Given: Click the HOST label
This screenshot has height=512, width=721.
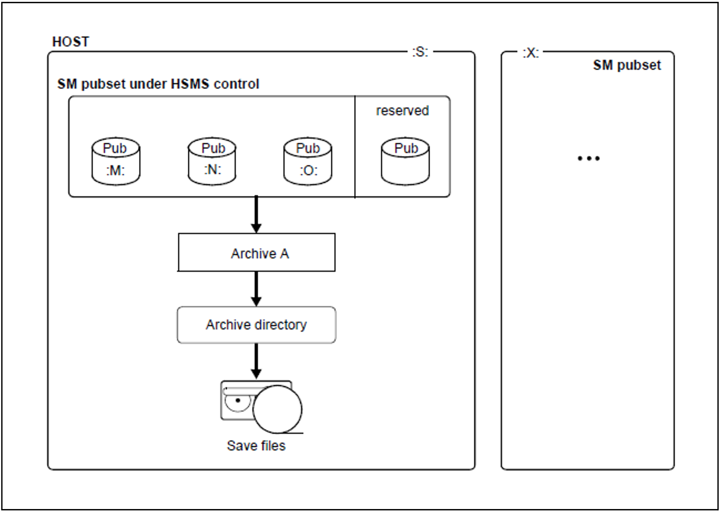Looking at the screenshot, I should tap(71, 42).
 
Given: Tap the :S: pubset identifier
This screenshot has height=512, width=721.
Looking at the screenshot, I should tap(420, 52).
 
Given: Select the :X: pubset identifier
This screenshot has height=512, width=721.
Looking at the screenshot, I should tap(530, 53).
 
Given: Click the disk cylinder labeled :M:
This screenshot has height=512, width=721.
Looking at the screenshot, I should tap(116, 161).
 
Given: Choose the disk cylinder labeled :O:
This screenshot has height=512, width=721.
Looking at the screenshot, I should tap(308, 161).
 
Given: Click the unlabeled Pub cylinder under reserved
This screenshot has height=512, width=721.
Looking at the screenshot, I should tap(405, 161).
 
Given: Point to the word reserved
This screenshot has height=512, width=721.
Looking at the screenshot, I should tap(402, 111).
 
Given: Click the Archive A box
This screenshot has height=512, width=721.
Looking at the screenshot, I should tap(256, 253).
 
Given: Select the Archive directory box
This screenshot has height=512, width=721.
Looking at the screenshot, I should tap(256, 325).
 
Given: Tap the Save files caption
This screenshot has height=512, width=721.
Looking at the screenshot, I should tap(256, 445).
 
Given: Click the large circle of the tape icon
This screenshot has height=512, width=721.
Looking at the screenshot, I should tap(278, 409).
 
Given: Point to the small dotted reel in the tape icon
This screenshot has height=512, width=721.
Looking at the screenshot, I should tap(238, 401).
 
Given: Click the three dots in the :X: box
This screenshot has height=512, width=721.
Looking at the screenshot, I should tap(588, 158).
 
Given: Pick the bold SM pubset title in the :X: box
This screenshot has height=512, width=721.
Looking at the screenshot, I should tap(627, 65).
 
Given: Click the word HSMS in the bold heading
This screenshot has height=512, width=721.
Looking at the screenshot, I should tap(190, 84).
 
